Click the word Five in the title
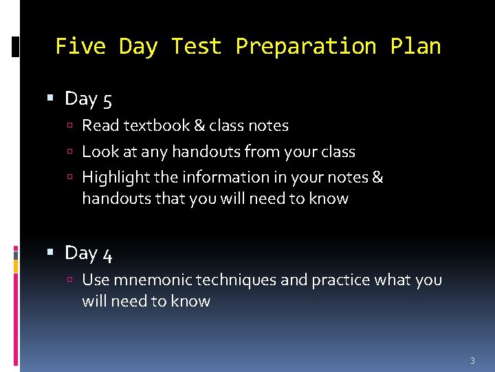pos(80,46)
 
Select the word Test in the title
pos(197,46)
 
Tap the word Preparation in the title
pos(306,46)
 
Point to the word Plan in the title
pos(415,46)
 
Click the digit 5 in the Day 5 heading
pos(107,100)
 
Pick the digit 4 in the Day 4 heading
pos(107,254)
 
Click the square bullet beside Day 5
pos(50,99)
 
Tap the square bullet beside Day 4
pos(50,254)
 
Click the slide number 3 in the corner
pos(472,361)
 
